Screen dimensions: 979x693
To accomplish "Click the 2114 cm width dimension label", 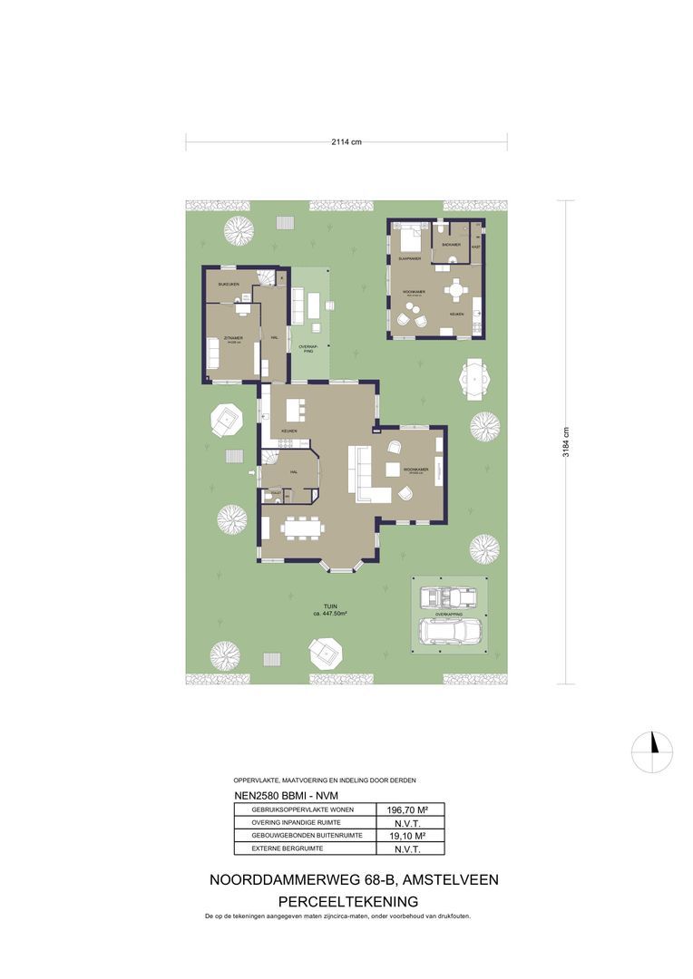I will (346, 141).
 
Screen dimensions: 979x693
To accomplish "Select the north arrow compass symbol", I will (652, 751).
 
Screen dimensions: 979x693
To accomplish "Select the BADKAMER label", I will (451, 246).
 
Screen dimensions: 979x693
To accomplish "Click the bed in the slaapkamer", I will (408, 239).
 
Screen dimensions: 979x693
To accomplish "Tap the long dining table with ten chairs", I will (300, 527).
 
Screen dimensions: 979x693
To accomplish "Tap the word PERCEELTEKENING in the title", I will (347, 901).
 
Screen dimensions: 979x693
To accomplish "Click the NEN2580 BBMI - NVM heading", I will (278, 796).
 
